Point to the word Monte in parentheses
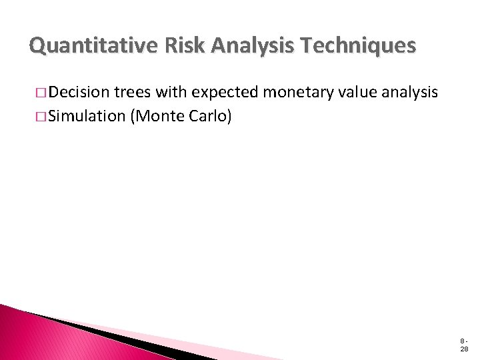(158, 115)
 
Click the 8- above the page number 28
(463, 341)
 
